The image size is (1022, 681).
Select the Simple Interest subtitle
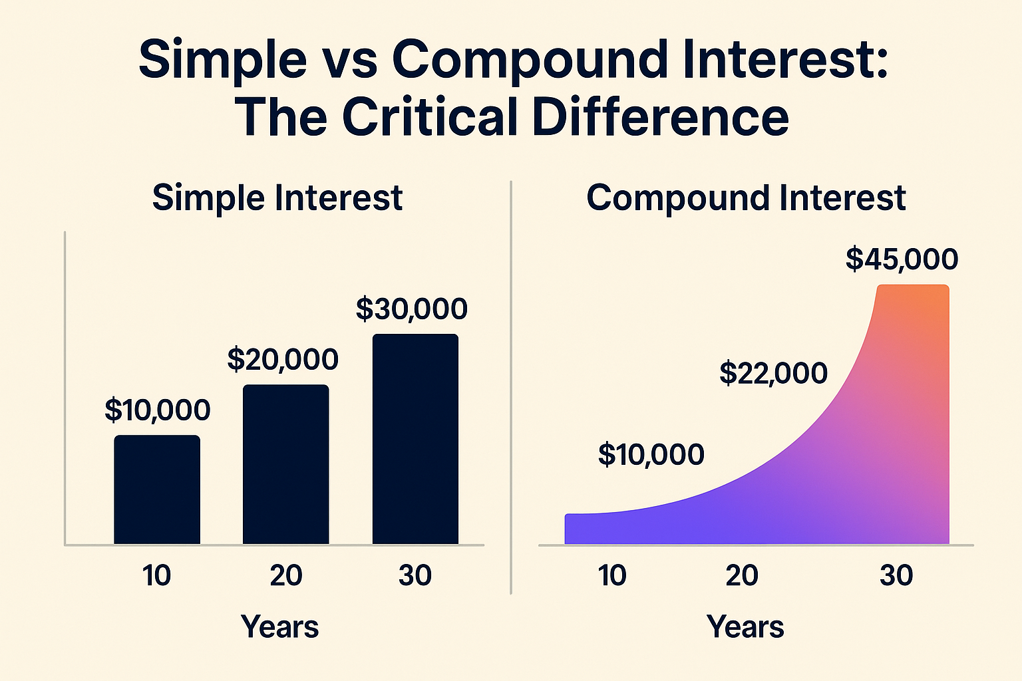coord(277,198)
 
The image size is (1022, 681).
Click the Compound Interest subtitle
coord(746,198)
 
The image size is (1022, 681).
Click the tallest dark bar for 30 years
coord(415,439)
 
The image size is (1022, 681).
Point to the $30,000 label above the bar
coord(412,309)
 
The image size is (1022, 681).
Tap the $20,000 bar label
coord(283,360)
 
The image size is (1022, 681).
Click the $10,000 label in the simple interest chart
coord(158,410)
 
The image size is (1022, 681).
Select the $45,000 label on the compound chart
coord(902,259)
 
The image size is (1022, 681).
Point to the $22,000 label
coord(773,373)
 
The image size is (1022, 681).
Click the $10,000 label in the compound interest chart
coord(651,455)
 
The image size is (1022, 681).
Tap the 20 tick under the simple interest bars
coord(286,575)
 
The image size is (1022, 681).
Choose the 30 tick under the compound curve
coord(896,575)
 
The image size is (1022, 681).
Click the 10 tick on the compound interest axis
coord(611,575)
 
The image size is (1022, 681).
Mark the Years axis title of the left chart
coord(279,626)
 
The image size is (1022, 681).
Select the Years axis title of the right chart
coord(745,626)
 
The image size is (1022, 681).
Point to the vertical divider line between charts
coord(510,386)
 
